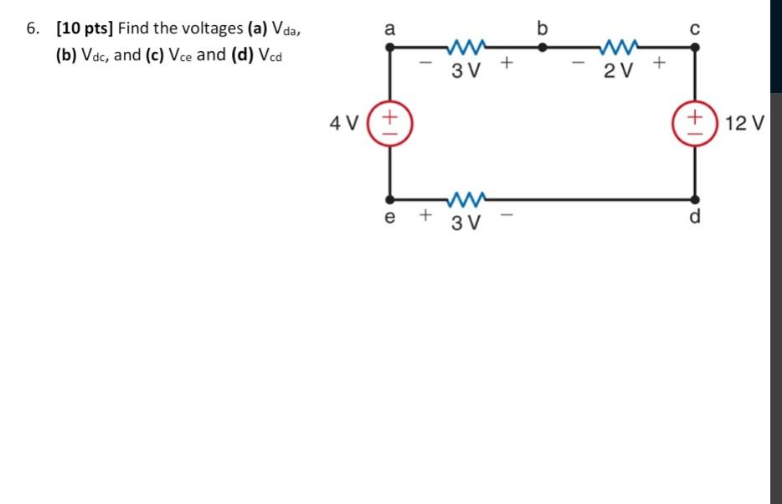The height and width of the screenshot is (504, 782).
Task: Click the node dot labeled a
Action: pyautogui.click(x=389, y=48)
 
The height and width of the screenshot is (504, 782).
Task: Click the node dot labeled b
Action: pyautogui.click(x=543, y=48)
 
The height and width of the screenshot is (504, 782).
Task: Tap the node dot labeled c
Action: pyautogui.click(x=694, y=48)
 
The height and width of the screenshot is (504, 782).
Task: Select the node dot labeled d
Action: pyautogui.click(x=694, y=200)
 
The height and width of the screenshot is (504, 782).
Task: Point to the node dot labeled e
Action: pyautogui.click(x=389, y=200)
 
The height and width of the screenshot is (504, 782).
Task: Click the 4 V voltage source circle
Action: pyautogui.click(x=389, y=123)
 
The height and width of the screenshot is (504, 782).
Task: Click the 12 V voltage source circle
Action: pyautogui.click(x=694, y=123)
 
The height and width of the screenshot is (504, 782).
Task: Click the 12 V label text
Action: pyautogui.click(x=744, y=124)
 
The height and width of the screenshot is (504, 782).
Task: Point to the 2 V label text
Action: pyautogui.click(x=618, y=69)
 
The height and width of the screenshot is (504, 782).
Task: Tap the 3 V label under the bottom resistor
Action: pyautogui.click(x=466, y=223)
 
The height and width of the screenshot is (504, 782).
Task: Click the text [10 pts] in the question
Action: pyautogui.click(x=85, y=28)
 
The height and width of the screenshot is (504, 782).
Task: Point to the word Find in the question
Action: pyautogui.click(x=134, y=28)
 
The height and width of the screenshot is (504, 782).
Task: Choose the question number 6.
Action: pyautogui.click(x=31, y=28)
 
